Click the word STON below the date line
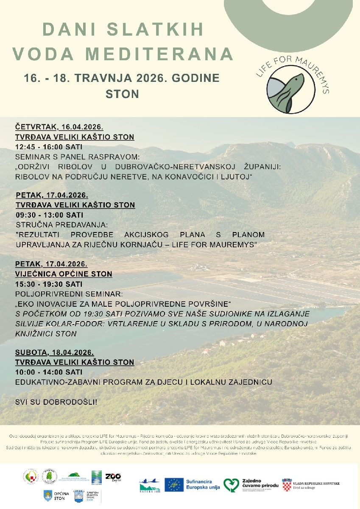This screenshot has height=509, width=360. pos(122,94)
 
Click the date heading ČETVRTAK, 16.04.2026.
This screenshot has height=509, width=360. pos(59,127)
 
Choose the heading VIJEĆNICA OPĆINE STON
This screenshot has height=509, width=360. pos(64,274)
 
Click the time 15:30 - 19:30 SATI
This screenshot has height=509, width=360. pos(49,284)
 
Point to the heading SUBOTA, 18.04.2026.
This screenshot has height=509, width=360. pos(54,352)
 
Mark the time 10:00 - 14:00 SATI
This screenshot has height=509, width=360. pos(49,372)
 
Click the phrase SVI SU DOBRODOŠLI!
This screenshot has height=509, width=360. pos(56,401)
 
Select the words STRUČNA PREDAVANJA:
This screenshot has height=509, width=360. pos(62,225)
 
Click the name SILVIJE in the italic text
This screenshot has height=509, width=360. pos(31,324)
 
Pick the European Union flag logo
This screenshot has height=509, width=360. pos(174,484)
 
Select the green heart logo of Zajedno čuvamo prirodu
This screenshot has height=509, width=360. pos(231,484)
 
